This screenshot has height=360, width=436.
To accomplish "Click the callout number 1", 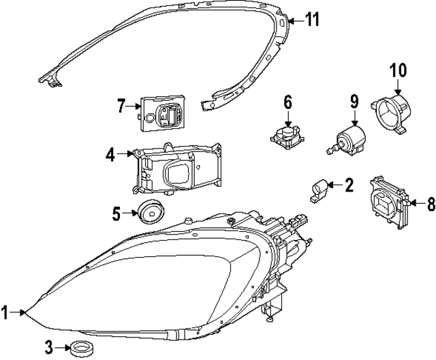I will [5, 313].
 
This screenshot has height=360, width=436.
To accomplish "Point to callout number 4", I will [110, 155].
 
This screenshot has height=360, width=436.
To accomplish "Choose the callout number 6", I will [287, 102].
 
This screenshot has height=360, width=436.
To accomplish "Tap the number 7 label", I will [121, 106].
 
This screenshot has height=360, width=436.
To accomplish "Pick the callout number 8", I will [429, 202].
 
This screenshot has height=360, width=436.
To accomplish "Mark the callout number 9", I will [354, 102].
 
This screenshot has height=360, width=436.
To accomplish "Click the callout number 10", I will [397, 70].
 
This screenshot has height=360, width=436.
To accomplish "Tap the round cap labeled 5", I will [149, 212].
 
